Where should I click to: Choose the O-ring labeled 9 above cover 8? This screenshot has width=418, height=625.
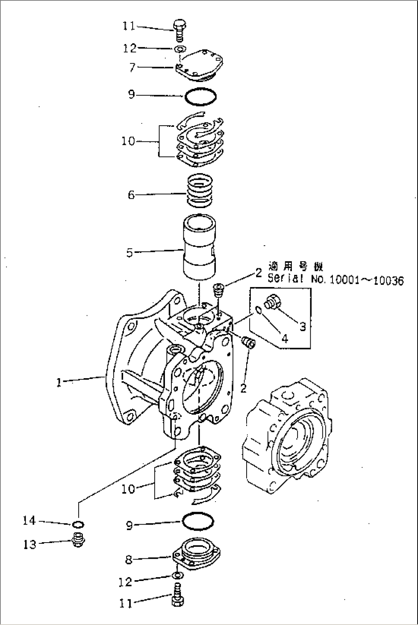point(197,521)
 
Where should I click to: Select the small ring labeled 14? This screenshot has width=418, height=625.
point(78,524)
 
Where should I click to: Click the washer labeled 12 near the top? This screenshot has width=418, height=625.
point(179,49)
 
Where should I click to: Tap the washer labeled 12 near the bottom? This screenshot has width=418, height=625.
point(177,576)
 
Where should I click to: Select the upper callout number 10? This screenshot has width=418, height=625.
point(128,141)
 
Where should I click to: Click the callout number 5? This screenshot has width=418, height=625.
point(129,253)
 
